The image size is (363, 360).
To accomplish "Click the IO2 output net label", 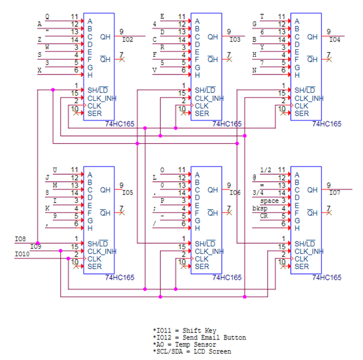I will [128, 40].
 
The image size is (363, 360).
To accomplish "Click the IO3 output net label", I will [235, 40].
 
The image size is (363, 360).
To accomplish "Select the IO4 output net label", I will [335, 40].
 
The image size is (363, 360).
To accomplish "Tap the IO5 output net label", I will [128, 192].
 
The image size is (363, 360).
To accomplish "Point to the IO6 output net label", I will [235, 192].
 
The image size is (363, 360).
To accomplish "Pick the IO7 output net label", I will [335, 192].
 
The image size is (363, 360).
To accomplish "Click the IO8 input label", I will [20, 239].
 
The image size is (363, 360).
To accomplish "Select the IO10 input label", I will [22, 254].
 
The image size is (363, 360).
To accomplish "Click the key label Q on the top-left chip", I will [48, 16].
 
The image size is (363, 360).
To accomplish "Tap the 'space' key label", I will [269, 201].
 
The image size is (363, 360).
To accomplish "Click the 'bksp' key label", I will [259, 208].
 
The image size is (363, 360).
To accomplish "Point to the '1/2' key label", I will [266, 169].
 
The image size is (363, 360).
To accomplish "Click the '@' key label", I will [255, 177].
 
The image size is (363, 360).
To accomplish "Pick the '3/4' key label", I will [257, 192].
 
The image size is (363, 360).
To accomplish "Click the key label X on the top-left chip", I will [39, 70].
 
